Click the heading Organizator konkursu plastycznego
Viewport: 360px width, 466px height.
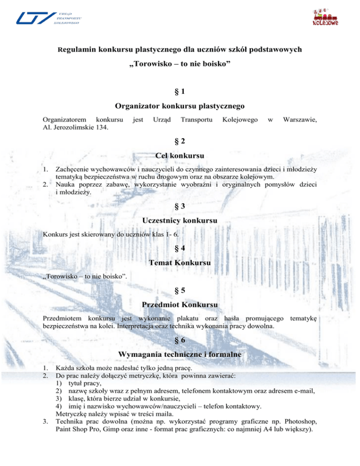tap(180, 106)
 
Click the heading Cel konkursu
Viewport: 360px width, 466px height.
tap(180, 155)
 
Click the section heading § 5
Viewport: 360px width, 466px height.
tap(180, 295)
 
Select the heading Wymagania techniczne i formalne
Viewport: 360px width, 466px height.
tap(180, 355)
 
